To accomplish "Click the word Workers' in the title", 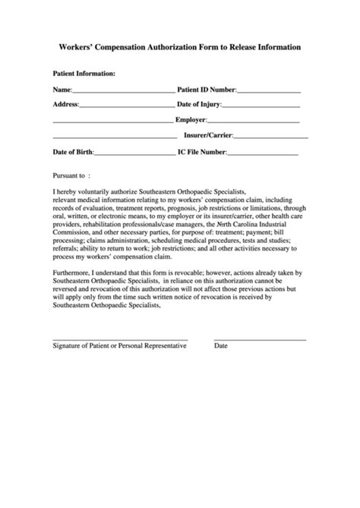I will (79, 47).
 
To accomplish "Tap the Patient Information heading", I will (84, 74).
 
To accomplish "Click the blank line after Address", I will (126, 106).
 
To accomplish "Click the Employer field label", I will (191, 120).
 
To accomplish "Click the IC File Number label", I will (201, 152).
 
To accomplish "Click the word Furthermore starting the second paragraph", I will (74, 272).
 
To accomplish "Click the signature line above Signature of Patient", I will (120, 339).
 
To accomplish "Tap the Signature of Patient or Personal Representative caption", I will (119, 346).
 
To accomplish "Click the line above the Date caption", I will (260, 339).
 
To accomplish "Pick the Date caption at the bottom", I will (221, 346).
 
